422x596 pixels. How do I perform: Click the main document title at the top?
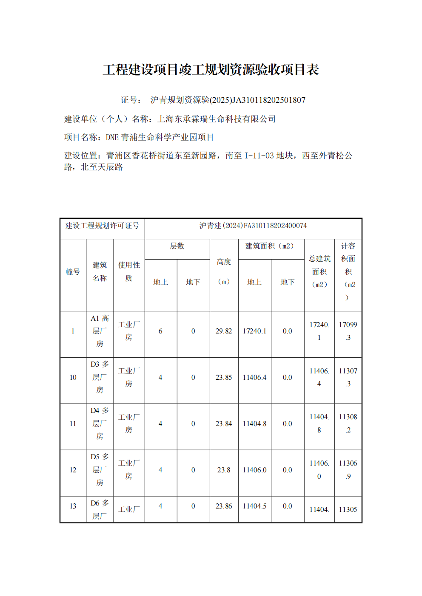tap(211, 69)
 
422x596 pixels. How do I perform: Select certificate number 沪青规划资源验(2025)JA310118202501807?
tap(228, 100)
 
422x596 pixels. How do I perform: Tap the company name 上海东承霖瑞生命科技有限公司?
tap(217, 119)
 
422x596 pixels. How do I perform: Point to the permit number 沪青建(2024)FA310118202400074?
tap(253, 226)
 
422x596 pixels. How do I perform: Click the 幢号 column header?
tap(73, 272)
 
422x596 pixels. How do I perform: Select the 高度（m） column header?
tap(224, 271)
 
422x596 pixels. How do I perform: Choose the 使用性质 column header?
tap(129, 271)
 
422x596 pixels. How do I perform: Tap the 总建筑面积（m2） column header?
tap(319, 271)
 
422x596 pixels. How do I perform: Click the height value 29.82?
tap(224, 331)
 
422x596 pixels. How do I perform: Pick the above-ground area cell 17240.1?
tap(254, 331)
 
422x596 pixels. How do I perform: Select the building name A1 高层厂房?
tap(100, 331)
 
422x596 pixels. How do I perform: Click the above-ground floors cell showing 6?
tap(160, 331)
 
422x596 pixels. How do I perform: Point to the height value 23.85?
tap(224, 377)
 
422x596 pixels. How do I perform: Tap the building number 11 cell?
tap(73, 424)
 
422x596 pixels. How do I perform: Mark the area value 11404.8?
tap(254, 424)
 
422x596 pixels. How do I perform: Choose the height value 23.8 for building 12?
tap(224, 470)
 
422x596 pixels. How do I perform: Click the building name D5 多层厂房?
tap(100, 470)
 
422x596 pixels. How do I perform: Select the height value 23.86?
tap(224, 506)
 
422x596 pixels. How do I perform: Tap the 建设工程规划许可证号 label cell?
tap(102, 226)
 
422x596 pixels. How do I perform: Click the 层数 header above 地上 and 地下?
tap(177, 246)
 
